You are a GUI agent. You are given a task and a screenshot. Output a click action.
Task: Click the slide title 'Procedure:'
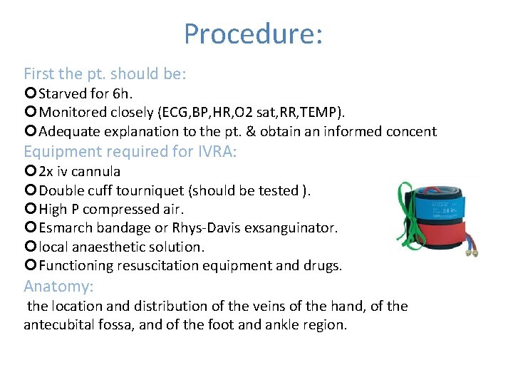tap(254, 34)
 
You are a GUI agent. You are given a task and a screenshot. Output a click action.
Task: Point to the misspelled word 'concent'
tap(410, 131)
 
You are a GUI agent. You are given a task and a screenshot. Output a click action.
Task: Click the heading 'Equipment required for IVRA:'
tap(130, 151)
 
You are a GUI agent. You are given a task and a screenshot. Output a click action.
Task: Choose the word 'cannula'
tap(95, 171)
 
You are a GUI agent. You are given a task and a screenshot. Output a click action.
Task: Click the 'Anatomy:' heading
tap(58, 287)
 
